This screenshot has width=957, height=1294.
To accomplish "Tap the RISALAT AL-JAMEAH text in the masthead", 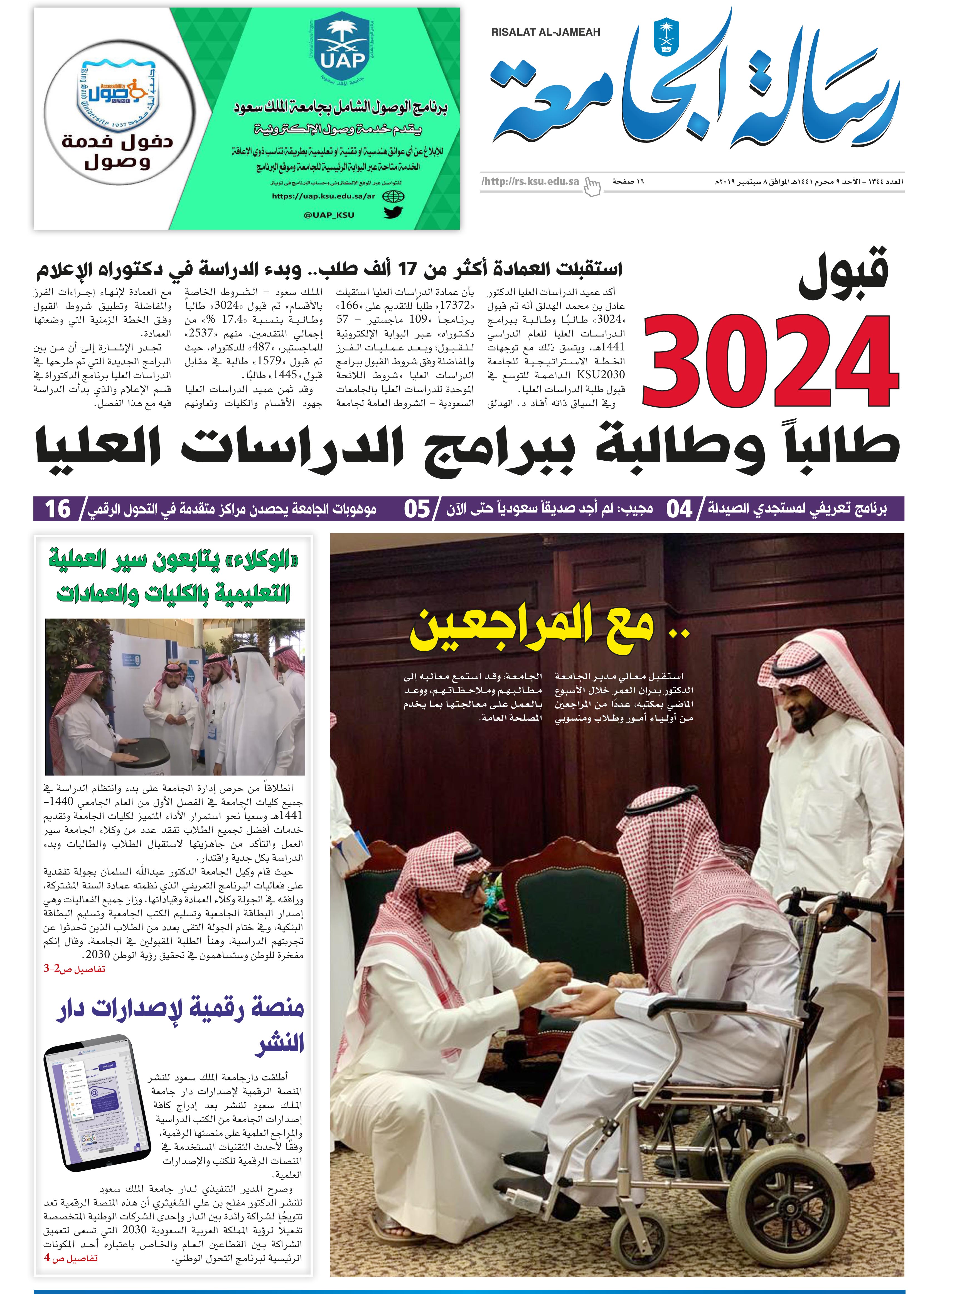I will tap(546, 33).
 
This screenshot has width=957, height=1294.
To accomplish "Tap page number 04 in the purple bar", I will tap(680, 509).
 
